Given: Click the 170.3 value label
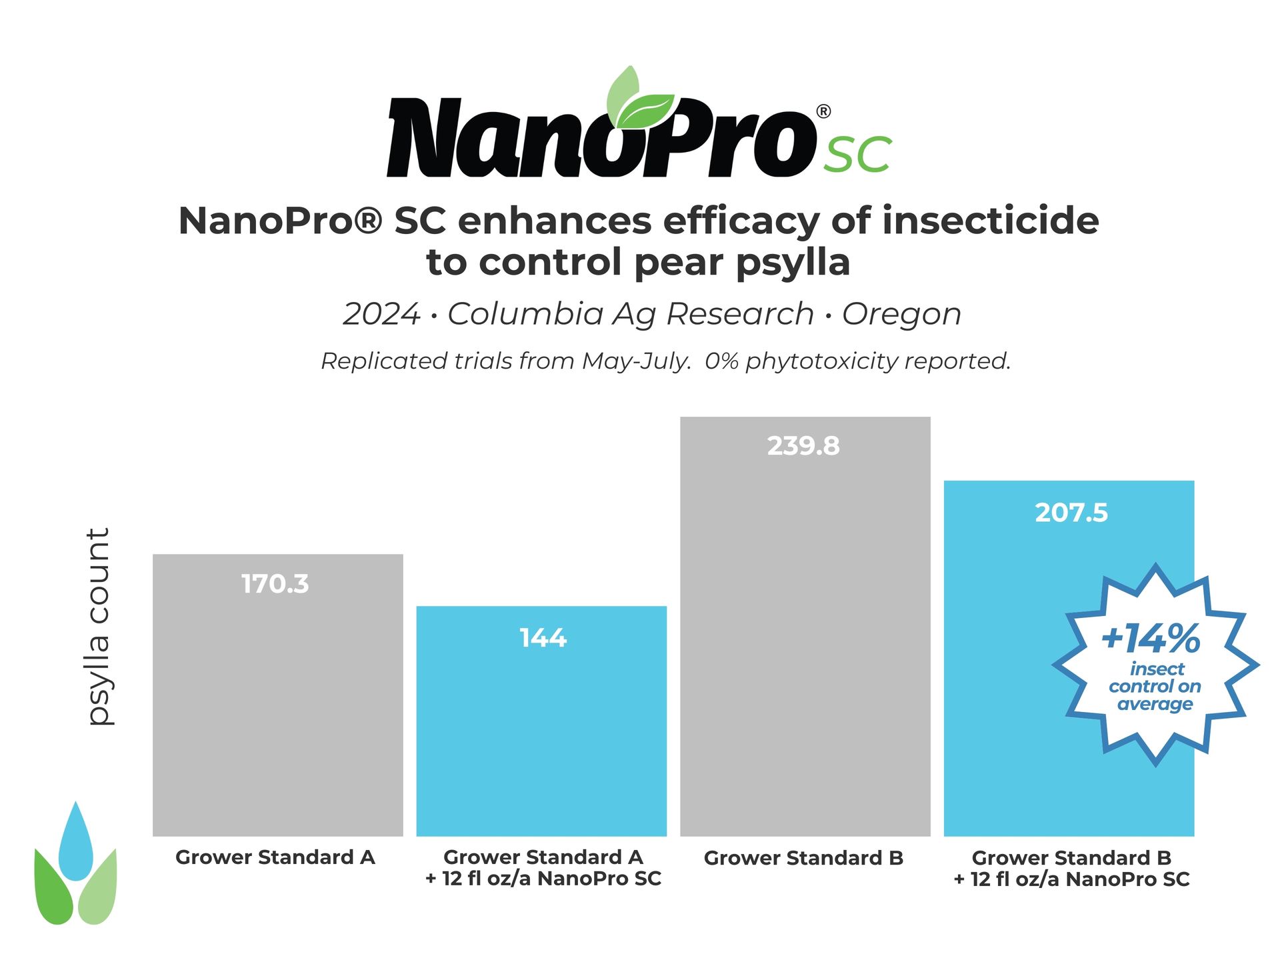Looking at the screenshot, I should pyautogui.click(x=275, y=584).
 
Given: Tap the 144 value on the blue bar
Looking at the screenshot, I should pyautogui.click(x=543, y=638).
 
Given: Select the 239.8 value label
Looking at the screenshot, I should pyautogui.click(x=803, y=446).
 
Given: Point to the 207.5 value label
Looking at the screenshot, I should pyautogui.click(x=1071, y=513).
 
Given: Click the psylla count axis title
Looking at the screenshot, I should pyautogui.click(x=99, y=627).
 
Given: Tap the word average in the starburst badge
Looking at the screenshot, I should pyautogui.click(x=1155, y=704).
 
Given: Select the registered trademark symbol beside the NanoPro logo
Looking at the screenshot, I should pyautogui.click(x=823, y=111).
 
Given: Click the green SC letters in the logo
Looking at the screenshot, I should pyautogui.click(x=858, y=155).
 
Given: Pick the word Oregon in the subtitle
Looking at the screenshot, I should pyautogui.click(x=901, y=314).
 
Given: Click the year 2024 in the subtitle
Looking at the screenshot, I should pyautogui.click(x=381, y=314).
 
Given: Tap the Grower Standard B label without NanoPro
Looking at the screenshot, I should pyautogui.click(x=803, y=858).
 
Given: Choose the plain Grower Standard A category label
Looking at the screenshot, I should pyautogui.click(x=275, y=857).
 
